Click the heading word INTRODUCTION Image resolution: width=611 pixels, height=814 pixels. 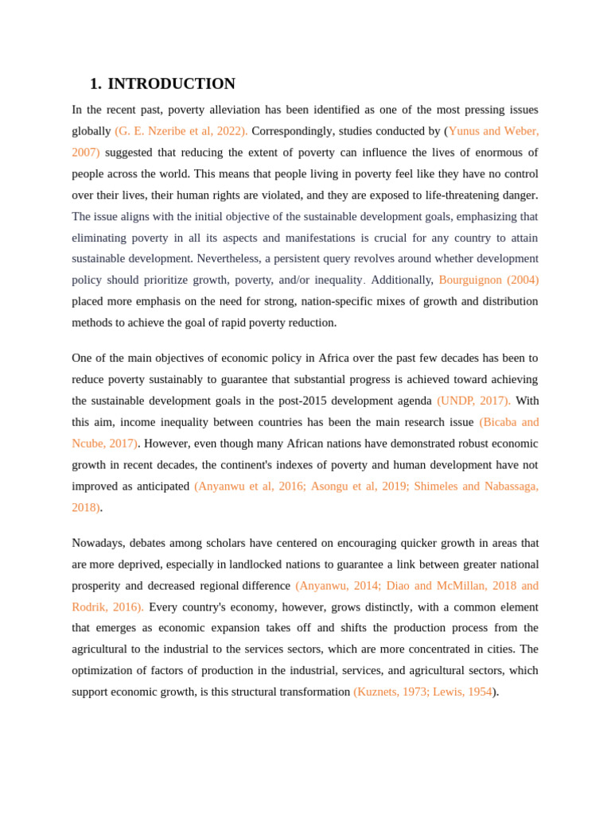pos(171,84)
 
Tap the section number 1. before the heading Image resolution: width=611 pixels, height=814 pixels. pos(95,84)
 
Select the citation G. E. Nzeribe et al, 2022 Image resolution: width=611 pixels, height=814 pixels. pos(181,131)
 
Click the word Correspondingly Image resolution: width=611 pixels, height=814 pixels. pos(293,131)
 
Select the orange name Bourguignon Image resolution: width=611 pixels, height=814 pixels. pos(470,281)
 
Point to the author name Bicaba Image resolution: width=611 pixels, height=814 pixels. pos(499,423)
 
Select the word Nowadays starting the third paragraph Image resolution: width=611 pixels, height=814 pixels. pos(98,544)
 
